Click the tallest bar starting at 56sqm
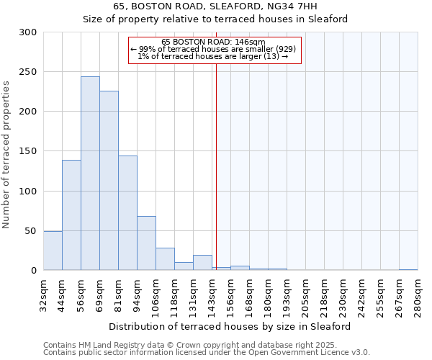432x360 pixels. point(90,174)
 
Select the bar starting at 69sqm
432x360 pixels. point(109,181)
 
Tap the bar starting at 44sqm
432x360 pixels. point(71,215)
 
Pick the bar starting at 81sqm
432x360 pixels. point(127,213)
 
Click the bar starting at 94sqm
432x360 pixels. point(146,243)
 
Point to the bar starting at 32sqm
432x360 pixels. point(53,251)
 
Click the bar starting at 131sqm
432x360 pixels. point(202,263)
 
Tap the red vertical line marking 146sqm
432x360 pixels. point(216,166)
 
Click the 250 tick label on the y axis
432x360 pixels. point(29,72)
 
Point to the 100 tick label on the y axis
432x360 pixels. point(29,192)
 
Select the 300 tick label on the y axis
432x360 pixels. point(29,32)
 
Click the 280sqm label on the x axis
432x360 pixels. point(418,295)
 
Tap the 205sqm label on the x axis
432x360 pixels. point(305,295)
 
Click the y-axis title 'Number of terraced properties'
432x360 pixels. point(6,155)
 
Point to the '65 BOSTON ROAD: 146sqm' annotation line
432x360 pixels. point(214,42)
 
